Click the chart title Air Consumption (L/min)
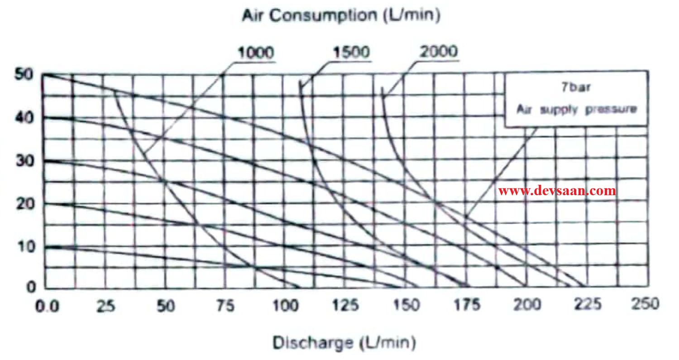coord(341,16)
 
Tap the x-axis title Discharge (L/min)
coord(344,342)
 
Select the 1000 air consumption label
coord(256,53)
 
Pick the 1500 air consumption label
coord(351,53)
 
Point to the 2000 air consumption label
coord(439,52)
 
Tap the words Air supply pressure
coord(577,109)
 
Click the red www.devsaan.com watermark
coord(557,191)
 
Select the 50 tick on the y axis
coord(24,75)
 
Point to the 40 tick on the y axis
coord(24,118)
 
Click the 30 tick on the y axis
coord(24,161)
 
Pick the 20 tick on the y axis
coord(24,204)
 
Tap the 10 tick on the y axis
coord(24,247)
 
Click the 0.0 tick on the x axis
coord(48,306)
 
